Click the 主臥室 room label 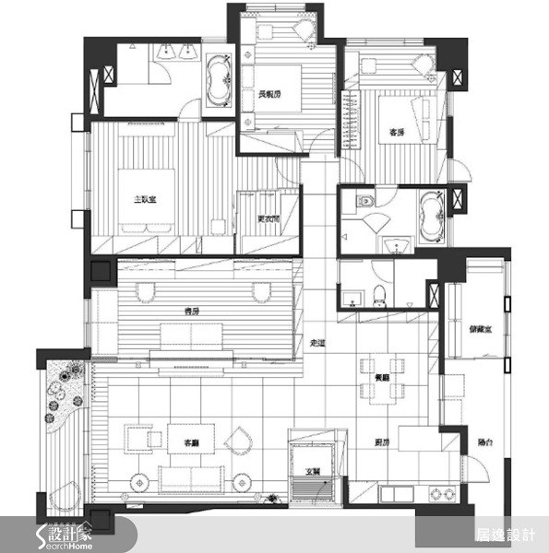143,198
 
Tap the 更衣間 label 268,218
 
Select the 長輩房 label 269,93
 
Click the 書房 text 192,311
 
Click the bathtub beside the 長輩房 219,82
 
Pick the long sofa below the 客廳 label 192,477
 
